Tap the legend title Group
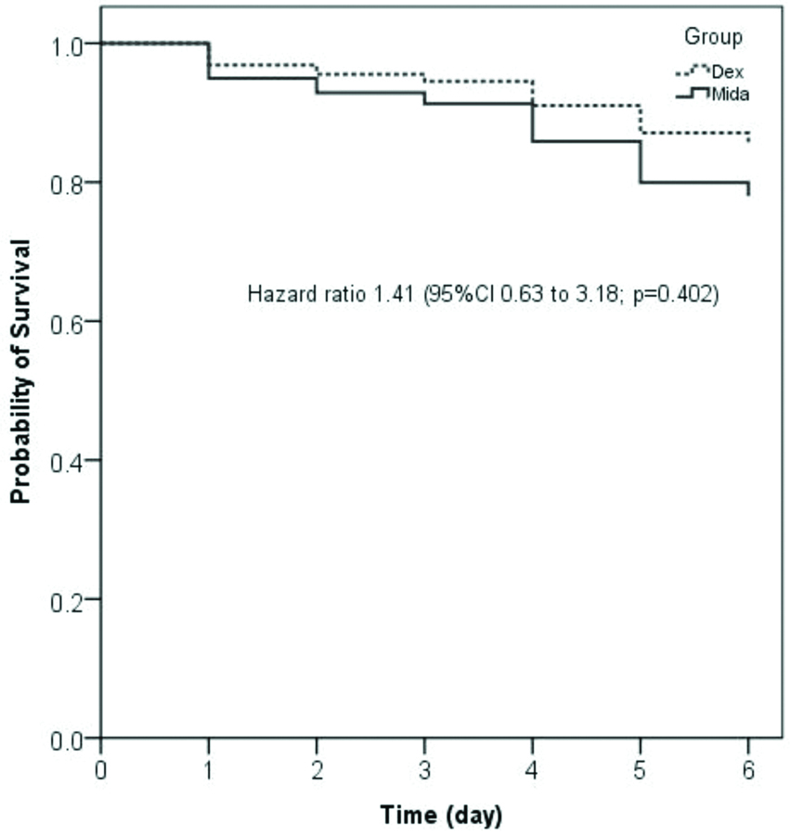713,38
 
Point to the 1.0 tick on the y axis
71,45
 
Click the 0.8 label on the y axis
71,183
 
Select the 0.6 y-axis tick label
71,322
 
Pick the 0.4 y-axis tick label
71,461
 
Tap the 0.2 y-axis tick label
71,600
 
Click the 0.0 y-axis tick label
71,739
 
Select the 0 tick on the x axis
101,771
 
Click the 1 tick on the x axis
209,771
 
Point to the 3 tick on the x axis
425,771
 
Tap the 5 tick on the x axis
641,771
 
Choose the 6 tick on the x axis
748,771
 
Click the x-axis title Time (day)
441,816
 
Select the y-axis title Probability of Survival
20,371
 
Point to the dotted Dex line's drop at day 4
533,94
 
